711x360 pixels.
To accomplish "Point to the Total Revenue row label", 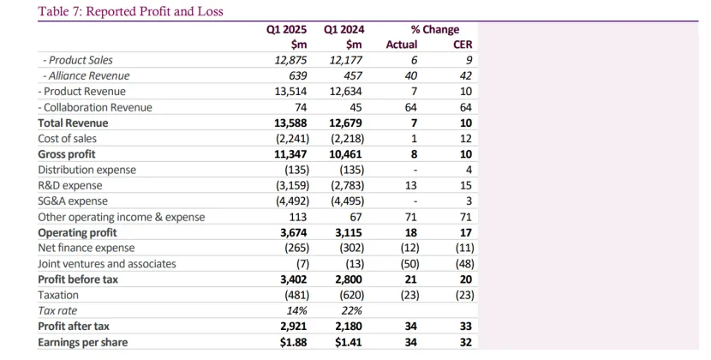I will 73,123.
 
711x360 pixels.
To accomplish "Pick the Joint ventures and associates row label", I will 107,263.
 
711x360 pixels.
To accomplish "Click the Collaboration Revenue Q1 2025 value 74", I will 298,107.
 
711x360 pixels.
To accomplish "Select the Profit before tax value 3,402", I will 289,279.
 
